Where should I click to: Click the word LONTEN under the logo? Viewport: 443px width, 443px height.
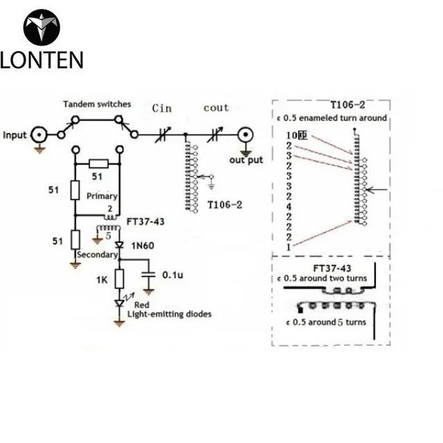pyautogui.click(x=42, y=60)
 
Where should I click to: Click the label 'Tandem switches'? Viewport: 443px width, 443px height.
pyautogui.click(x=97, y=104)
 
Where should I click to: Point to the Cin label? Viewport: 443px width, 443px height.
pyautogui.click(x=163, y=108)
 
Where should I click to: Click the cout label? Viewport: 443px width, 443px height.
pyautogui.click(x=216, y=108)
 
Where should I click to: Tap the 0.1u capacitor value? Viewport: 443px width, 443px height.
pyautogui.click(x=172, y=275)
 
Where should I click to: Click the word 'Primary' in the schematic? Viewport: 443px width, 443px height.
pyautogui.click(x=102, y=196)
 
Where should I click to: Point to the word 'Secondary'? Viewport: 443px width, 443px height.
pyautogui.click(x=96, y=254)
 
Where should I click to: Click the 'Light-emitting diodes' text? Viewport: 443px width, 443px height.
pyautogui.click(x=170, y=314)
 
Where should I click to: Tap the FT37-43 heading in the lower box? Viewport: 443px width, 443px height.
pyautogui.click(x=331, y=268)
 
